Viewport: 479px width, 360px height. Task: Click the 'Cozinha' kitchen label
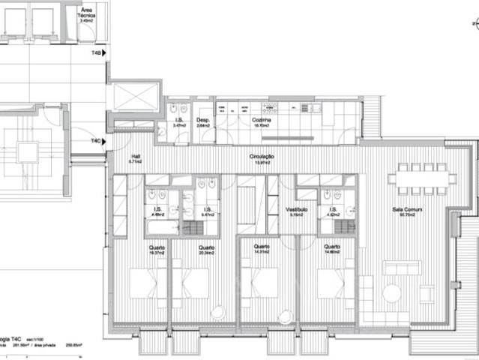pos(262,119)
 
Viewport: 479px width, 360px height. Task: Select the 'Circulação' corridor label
pos(262,156)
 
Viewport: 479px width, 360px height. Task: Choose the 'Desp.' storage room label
pos(202,119)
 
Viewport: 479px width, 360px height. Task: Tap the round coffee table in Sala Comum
pos(392,293)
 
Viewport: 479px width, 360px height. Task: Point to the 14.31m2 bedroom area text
pos(261,253)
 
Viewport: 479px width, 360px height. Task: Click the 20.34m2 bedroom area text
pos(207,253)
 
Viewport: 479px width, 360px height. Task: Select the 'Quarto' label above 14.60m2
pos(332,246)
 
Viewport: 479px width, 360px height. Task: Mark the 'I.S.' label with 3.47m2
pos(179,119)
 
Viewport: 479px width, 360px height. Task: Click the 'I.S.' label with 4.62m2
pos(331,210)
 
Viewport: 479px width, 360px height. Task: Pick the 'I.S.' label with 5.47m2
pos(208,210)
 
